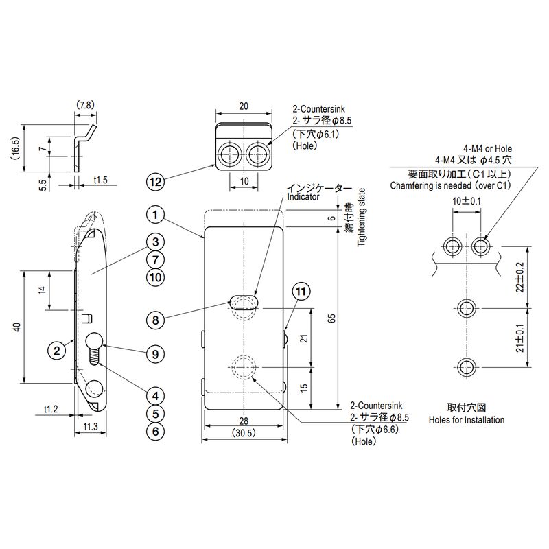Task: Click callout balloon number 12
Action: (156, 182)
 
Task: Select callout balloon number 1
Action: (156, 215)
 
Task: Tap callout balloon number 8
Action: (156, 320)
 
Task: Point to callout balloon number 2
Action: (56, 350)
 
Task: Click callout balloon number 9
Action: (156, 354)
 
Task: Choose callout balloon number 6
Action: (156, 432)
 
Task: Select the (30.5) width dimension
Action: (244, 433)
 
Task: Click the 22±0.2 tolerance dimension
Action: (519, 278)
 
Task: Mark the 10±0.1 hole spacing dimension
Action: (467, 201)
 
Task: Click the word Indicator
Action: (303, 197)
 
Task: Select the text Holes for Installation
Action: (466, 420)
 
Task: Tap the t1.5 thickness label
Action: (100, 180)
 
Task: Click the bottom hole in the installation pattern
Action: (467, 366)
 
